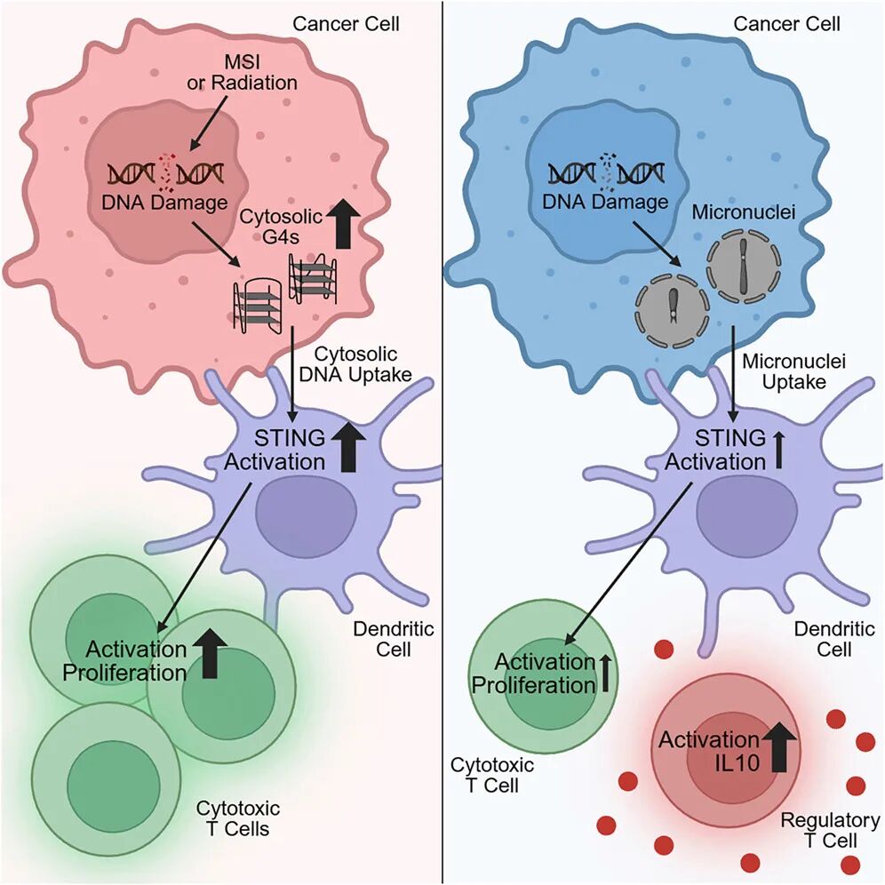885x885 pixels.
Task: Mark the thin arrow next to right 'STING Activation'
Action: tap(779, 450)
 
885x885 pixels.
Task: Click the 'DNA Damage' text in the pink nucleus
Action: tap(165, 202)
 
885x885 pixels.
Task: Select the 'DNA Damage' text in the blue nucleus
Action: tap(608, 202)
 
